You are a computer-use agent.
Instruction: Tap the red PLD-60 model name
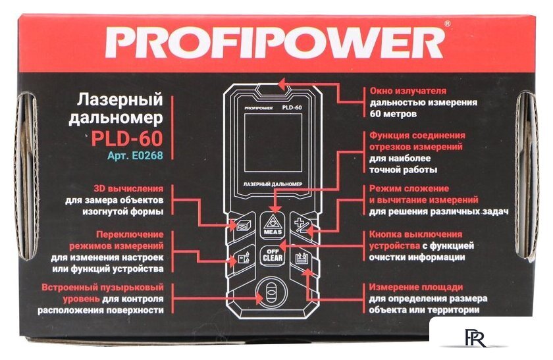(127, 138)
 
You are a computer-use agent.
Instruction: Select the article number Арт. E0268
(135, 156)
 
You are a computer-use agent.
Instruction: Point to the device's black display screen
(274, 141)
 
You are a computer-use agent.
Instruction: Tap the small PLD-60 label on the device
(292, 107)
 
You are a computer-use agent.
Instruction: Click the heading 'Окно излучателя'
(408, 90)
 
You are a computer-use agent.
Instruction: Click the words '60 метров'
(393, 114)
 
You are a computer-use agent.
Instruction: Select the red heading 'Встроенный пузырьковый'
(102, 288)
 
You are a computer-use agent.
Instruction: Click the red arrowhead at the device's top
(281, 84)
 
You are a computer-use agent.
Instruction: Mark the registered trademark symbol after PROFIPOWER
(448, 24)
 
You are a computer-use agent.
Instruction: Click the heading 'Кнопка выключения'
(415, 234)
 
